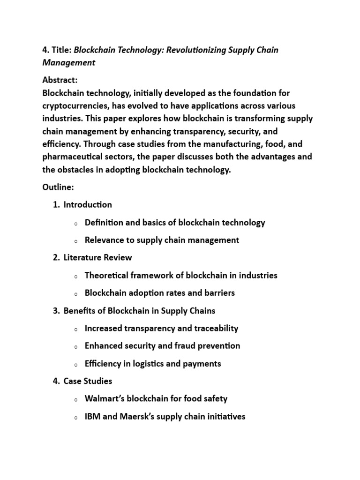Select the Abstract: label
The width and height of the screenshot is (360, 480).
[x=60, y=80]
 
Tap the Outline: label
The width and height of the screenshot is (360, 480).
[x=58, y=187]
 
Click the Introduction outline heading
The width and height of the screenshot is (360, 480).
[x=88, y=204]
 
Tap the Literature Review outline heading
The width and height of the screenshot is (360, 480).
[x=97, y=257]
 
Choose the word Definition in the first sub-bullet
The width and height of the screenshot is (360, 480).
[x=103, y=222]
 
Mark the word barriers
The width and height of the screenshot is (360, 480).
[x=218, y=293]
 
